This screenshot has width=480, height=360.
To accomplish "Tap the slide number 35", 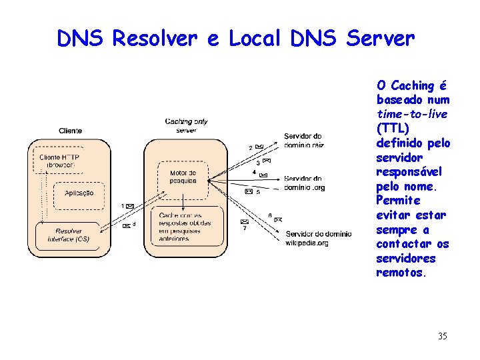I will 443,336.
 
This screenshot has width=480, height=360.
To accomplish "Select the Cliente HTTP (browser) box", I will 59,161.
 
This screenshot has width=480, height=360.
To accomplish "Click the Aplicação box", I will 79,193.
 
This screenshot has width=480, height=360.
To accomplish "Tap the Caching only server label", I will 187,125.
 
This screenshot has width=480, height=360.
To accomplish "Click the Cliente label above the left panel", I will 70,131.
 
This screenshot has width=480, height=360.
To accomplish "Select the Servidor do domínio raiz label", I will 303,141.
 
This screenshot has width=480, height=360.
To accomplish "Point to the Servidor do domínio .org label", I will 304,183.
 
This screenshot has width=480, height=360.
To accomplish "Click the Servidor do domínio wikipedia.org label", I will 318,238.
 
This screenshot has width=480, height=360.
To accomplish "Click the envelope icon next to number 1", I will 130,206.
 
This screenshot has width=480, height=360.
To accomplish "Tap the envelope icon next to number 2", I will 259,147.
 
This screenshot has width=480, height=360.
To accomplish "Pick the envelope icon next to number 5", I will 248,191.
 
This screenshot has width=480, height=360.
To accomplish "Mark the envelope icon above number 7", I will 245,221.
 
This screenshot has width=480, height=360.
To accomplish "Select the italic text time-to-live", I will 411,115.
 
